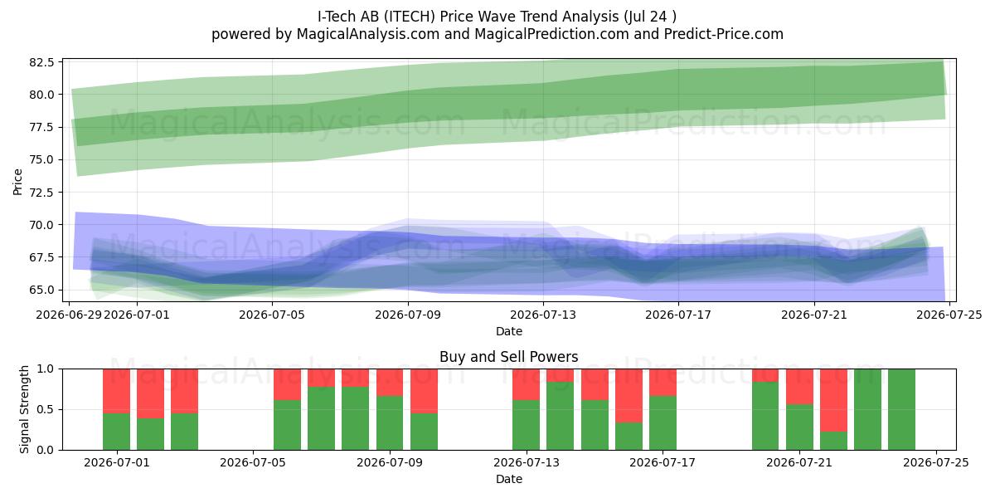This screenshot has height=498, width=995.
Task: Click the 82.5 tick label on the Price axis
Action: (x=41, y=62)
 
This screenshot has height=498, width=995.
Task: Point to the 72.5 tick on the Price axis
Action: (x=41, y=193)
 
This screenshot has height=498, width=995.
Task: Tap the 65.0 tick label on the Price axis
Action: (x=41, y=290)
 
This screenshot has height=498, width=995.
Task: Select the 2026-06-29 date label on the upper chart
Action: (x=69, y=315)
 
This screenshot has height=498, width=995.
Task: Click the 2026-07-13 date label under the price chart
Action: (x=543, y=315)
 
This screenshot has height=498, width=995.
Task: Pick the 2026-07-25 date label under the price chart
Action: (x=949, y=315)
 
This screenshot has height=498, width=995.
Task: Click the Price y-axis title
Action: (x=17, y=182)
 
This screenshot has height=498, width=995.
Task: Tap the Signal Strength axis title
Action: (x=24, y=409)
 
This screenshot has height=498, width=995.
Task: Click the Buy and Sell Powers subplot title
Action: (x=508, y=357)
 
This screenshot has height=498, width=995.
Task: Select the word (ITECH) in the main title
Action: (x=410, y=17)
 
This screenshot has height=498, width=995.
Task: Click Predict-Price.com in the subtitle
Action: (x=724, y=34)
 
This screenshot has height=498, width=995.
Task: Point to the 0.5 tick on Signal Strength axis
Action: (x=45, y=409)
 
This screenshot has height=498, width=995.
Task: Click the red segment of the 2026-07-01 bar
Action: (x=116, y=391)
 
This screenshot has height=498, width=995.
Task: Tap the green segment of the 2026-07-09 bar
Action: (x=390, y=422)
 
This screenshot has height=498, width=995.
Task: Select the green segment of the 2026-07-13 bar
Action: (x=527, y=425)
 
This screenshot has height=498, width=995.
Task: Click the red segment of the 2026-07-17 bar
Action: (x=663, y=383)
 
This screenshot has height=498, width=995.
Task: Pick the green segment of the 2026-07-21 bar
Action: (x=799, y=427)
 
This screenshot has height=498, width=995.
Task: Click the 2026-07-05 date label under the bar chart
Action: (x=253, y=462)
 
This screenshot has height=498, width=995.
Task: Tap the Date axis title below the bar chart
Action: (x=509, y=479)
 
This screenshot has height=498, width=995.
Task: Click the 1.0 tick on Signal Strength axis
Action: (x=45, y=369)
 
